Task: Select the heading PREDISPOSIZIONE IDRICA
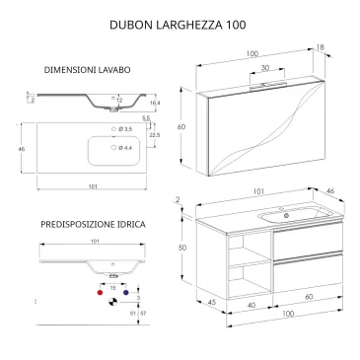[x=94, y=225]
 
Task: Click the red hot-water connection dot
[x=99, y=293]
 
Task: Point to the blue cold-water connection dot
[x=126, y=293]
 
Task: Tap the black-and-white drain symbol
[x=112, y=302]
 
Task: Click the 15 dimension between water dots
[x=112, y=285]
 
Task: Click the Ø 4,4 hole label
[x=124, y=149]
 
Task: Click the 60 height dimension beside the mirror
[x=181, y=127]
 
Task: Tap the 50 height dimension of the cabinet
[x=182, y=249]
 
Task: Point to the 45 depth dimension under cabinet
[x=211, y=302]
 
